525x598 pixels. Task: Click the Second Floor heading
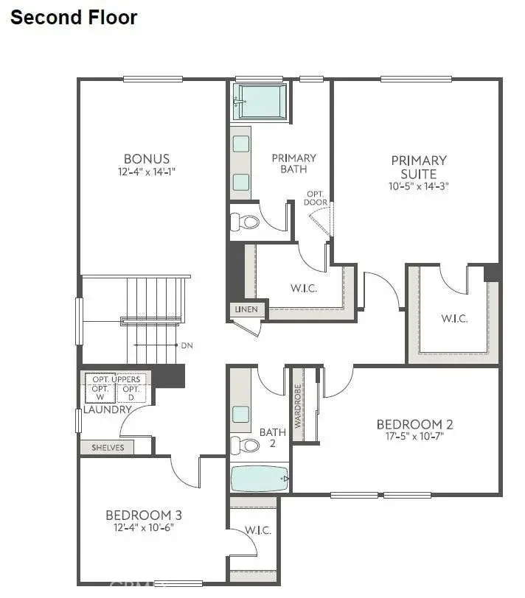(x=74, y=18)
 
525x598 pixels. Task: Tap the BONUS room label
(x=147, y=158)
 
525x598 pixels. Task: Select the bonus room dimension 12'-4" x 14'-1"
(x=147, y=172)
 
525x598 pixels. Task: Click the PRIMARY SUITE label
(x=419, y=167)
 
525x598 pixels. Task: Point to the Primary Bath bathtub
(x=260, y=102)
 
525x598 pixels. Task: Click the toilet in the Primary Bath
(x=246, y=221)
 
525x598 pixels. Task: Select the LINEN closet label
(x=246, y=309)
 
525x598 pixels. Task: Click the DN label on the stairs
(x=186, y=345)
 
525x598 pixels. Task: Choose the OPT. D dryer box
(x=131, y=393)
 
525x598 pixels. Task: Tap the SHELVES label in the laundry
(x=107, y=447)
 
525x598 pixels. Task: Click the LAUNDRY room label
(x=108, y=409)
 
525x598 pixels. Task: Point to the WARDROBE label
(x=298, y=406)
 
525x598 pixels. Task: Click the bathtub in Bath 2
(x=260, y=479)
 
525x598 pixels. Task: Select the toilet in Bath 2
(x=246, y=445)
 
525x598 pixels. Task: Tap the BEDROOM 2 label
(x=414, y=424)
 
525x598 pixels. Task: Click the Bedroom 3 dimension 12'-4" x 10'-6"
(x=144, y=527)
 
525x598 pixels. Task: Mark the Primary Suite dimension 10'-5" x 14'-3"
(x=419, y=186)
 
